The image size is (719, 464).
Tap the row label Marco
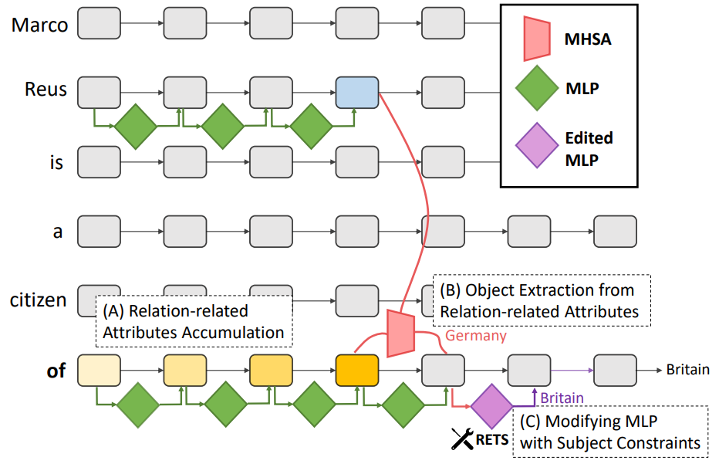click(x=39, y=25)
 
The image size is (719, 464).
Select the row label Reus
click(x=46, y=90)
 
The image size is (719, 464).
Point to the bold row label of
click(x=56, y=371)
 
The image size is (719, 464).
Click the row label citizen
click(x=39, y=300)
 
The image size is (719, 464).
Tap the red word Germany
click(x=476, y=336)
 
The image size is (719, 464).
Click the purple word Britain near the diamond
click(x=561, y=398)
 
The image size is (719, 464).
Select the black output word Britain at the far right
click(x=687, y=370)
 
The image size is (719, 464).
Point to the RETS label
click(x=492, y=441)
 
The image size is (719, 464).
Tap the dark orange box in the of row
click(x=357, y=371)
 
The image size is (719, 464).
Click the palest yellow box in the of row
click(x=99, y=371)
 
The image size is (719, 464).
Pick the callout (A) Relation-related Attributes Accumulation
click(x=194, y=322)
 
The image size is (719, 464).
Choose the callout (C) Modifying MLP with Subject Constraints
click(x=609, y=432)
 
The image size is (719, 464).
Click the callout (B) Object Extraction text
click(x=541, y=300)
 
